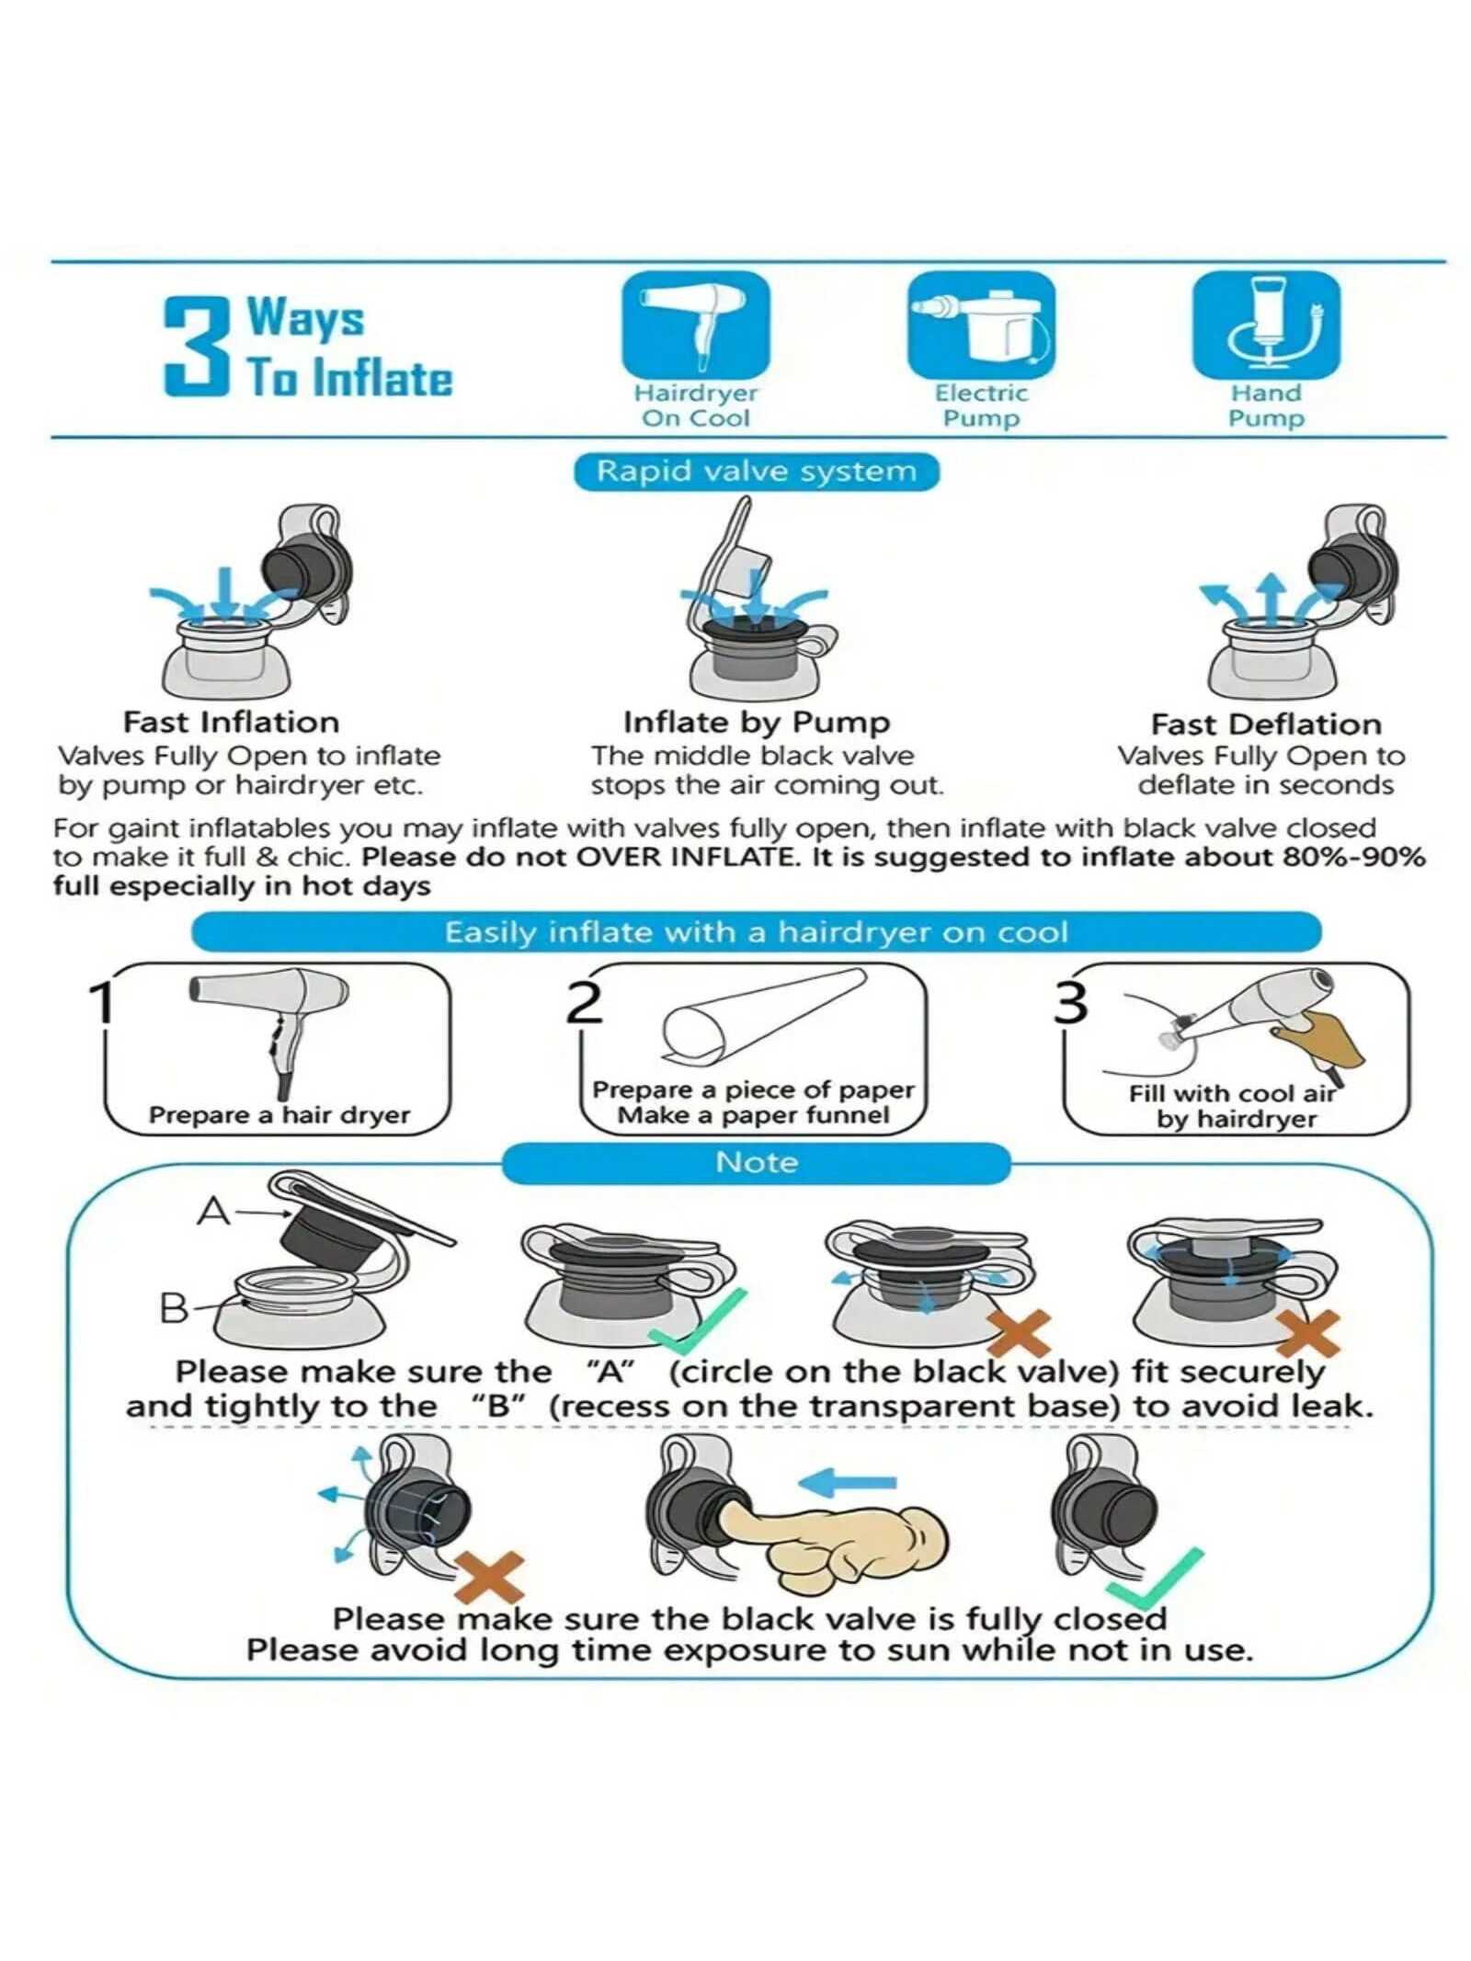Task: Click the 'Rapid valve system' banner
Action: (x=757, y=472)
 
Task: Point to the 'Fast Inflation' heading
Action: (x=232, y=722)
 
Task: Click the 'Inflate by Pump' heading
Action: (x=757, y=723)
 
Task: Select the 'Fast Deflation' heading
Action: (x=1266, y=724)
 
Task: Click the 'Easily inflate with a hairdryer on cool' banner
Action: (x=757, y=932)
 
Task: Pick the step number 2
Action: (x=585, y=1002)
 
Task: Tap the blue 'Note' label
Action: (x=757, y=1162)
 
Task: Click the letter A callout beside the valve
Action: (x=213, y=1212)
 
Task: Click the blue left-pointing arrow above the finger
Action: (x=846, y=1482)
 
